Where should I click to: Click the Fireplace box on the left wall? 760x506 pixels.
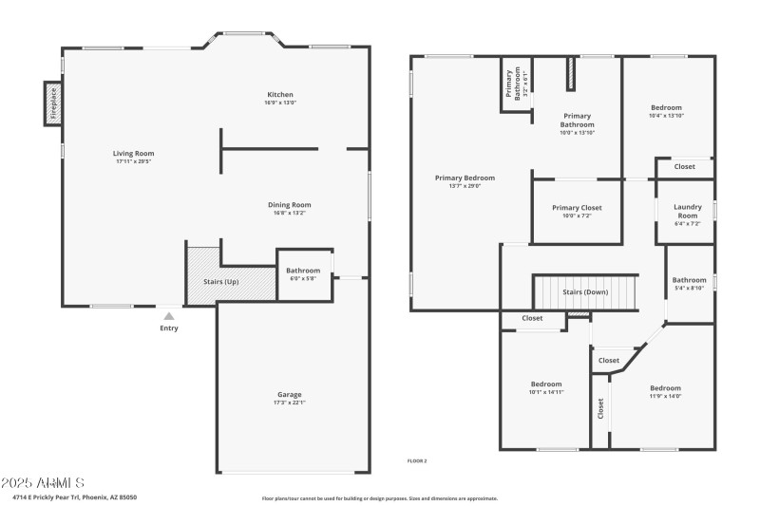click(53, 103)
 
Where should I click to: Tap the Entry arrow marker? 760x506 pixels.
click(169, 317)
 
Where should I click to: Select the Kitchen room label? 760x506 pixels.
click(279, 95)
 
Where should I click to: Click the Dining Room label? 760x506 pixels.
click(289, 204)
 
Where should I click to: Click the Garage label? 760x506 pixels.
click(289, 394)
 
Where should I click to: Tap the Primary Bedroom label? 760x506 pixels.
click(465, 178)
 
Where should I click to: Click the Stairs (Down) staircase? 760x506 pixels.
click(584, 291)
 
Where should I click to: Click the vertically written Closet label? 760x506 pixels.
click(600, 408)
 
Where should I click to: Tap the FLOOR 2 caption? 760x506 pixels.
click(417, 461)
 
